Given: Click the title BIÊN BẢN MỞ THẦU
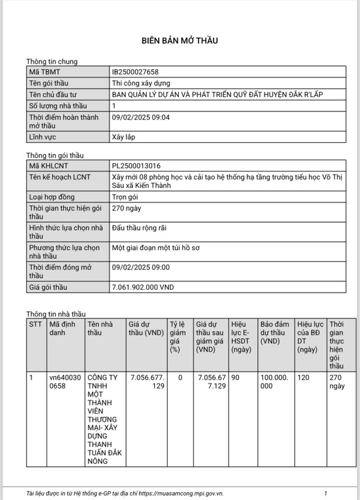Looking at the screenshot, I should tap(179, 40).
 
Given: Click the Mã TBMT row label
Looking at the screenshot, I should tap(44, 72).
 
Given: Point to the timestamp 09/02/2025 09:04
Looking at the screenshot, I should tap(141, 117).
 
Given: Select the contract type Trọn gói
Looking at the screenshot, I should tap(125, 197).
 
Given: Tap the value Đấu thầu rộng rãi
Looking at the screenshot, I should tap(139, 228).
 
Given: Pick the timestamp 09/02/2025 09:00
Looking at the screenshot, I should tap(141, 267).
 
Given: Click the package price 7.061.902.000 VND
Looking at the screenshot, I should tap(143, 287).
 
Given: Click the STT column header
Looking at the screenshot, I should tap(35, 325).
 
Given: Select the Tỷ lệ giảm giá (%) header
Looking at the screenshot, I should tap(177, 336).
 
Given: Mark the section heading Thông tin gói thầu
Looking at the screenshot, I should tap(55, 155).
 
